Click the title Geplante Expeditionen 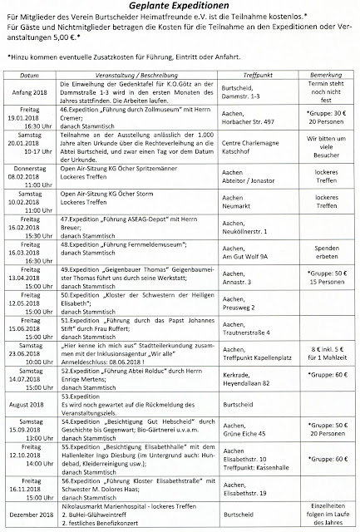[180, 6]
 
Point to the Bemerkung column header [324, 74]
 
